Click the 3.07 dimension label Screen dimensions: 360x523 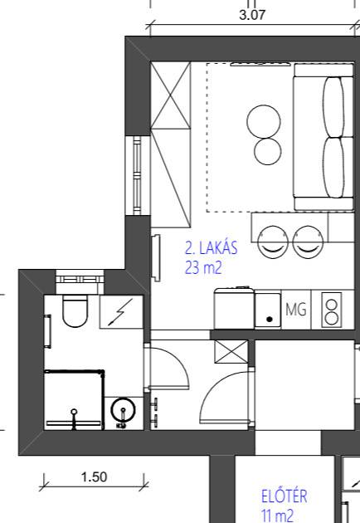tap(252, 15)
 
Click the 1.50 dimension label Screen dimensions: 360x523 tap(94, 477)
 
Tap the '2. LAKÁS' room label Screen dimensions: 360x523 tap(212, 248)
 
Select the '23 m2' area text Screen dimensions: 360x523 tap(203, 267)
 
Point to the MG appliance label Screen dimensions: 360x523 tap(296, 310)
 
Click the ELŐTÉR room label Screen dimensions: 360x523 tap(284, 496)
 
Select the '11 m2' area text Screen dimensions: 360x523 tap(278, 516)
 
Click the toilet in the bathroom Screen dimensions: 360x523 tap(75, 310)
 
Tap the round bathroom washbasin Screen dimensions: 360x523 tap(123, 409)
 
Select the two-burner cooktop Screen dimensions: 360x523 tap(332, 310)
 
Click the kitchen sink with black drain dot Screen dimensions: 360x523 tap(268, 310)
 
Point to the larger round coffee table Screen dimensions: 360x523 tap(264, 121)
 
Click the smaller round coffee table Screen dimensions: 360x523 tap(267, 151)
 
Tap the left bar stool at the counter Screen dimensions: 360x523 tap(273, 242)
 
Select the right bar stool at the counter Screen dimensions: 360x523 tap(308, 242)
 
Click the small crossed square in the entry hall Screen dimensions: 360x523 tap(231, 352)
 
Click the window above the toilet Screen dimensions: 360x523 tap(80, 279)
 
